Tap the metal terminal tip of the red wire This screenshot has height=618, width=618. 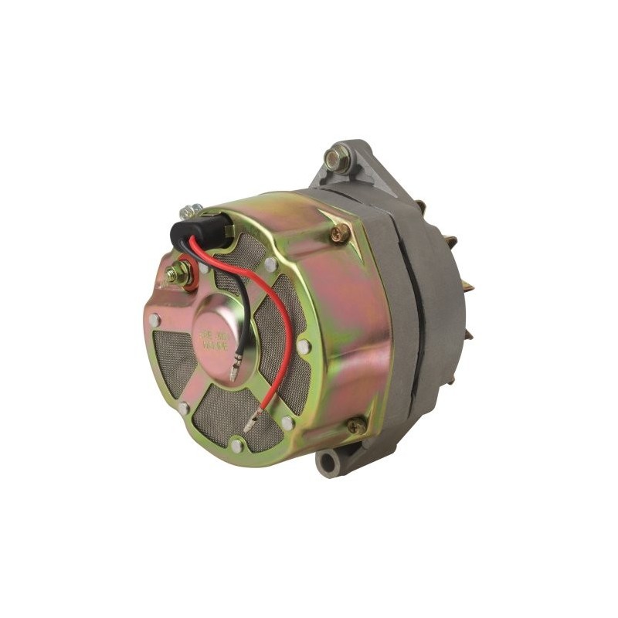click(251, 423)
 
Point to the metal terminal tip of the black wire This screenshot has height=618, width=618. click(233, 375)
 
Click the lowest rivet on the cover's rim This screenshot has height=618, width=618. click(236, 445)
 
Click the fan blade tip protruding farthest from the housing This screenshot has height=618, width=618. click(469, 287)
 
